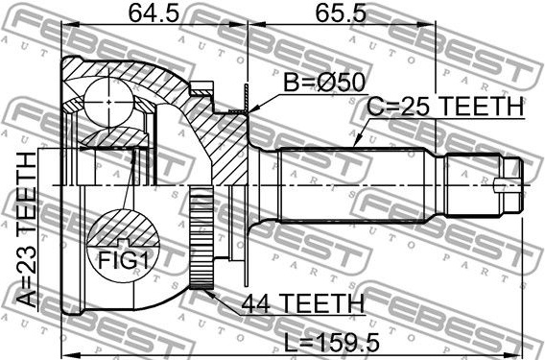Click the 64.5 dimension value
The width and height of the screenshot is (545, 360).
click(154, 13)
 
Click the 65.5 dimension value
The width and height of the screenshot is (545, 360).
click(341, 13)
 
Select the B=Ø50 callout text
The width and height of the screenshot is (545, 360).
click(324, 83)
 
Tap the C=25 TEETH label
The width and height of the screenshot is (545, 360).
click(445, 107)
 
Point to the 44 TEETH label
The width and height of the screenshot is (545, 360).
click(303, 303)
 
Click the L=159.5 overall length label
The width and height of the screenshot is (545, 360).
click(332, 343)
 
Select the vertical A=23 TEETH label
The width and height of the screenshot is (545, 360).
click(27, 229)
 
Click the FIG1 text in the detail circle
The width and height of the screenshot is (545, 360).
click(124, 260)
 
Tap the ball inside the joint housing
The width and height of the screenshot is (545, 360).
click(108, 102)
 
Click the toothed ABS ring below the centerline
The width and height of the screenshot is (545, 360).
click(201, 239)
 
